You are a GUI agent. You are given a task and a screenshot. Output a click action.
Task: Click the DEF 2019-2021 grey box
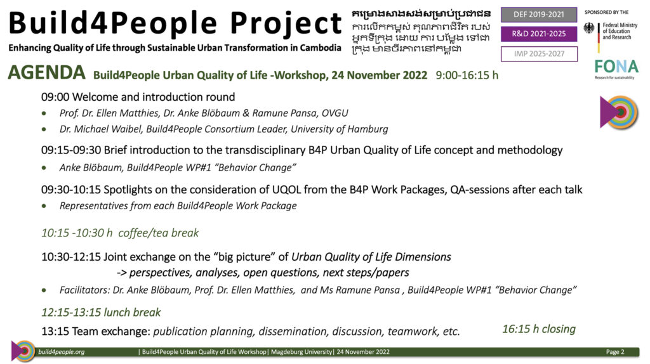coord(539,15)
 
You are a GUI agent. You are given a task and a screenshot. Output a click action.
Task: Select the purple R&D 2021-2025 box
coord(539,34)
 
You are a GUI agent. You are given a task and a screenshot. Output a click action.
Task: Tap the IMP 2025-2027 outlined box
coord(539,54)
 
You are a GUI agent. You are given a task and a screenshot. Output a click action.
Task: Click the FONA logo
coord(616,68)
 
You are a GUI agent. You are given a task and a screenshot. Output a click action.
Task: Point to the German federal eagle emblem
coord(588,28)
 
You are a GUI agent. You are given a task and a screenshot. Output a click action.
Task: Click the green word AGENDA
coord(47,73)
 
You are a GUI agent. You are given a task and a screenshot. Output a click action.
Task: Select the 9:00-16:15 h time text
coord(467,75)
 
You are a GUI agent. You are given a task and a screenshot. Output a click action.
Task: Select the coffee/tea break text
coord(158,233)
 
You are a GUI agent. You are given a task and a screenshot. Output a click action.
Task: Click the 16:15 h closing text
coord(539,329)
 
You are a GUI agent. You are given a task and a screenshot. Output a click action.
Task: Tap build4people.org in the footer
coord(62,352)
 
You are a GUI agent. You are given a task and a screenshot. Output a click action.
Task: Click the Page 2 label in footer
coord(615,352)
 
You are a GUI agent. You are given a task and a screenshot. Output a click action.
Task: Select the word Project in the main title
coord(286,23)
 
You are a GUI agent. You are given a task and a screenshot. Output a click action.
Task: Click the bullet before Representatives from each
coord(44,206)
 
